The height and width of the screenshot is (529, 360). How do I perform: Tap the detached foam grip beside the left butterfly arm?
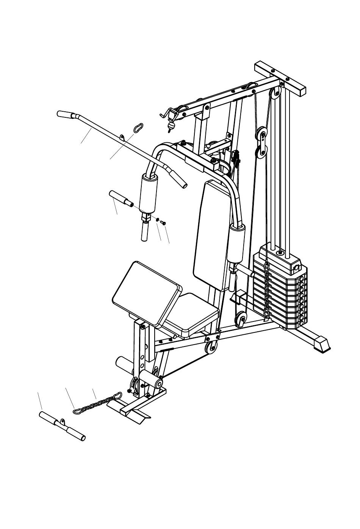click(x=119, y=198)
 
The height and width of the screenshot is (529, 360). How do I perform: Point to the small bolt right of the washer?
click(x=163, y=222)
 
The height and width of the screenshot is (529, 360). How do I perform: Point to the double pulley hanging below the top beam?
click(x=261, y=143)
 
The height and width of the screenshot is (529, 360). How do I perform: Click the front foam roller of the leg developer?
click(x=151, y=379)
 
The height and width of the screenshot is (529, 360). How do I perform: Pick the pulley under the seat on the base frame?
click(x=211, y=346)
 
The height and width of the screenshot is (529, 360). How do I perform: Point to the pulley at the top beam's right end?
click(x=275, y=94)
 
